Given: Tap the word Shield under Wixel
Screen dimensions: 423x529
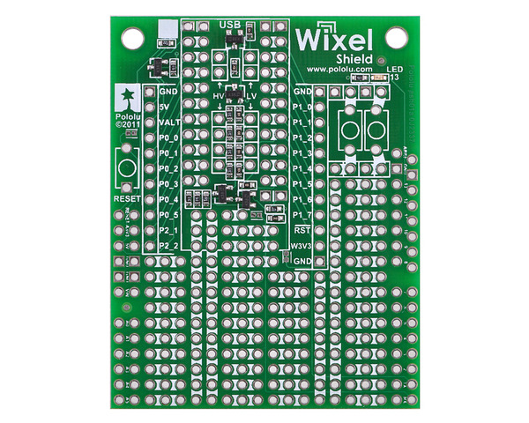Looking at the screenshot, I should pos(356,58).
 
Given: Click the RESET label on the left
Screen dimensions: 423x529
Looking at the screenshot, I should pos(128,200).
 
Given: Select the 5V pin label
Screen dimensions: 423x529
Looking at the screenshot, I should pos(164,107).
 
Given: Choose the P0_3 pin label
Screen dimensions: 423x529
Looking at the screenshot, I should pos(169,184).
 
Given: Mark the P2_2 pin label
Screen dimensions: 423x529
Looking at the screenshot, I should pos(169,246).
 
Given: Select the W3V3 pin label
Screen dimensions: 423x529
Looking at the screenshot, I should pos(302,246).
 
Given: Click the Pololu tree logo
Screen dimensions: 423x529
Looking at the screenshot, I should pos(126,96).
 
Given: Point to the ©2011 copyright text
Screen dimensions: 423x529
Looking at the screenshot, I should pos(128,125).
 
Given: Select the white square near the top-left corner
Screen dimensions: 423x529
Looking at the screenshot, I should pos(165,29).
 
